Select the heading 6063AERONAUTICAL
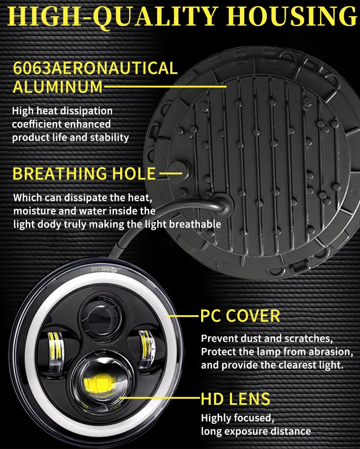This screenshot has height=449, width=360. click(x=95, y=68)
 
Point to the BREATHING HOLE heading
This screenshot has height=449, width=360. click(x=84, y=173)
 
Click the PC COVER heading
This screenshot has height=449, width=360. click(x=240, y=316)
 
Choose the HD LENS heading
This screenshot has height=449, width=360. click(x=235, y=399)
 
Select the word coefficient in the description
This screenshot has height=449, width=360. click(x=36, y=124)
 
